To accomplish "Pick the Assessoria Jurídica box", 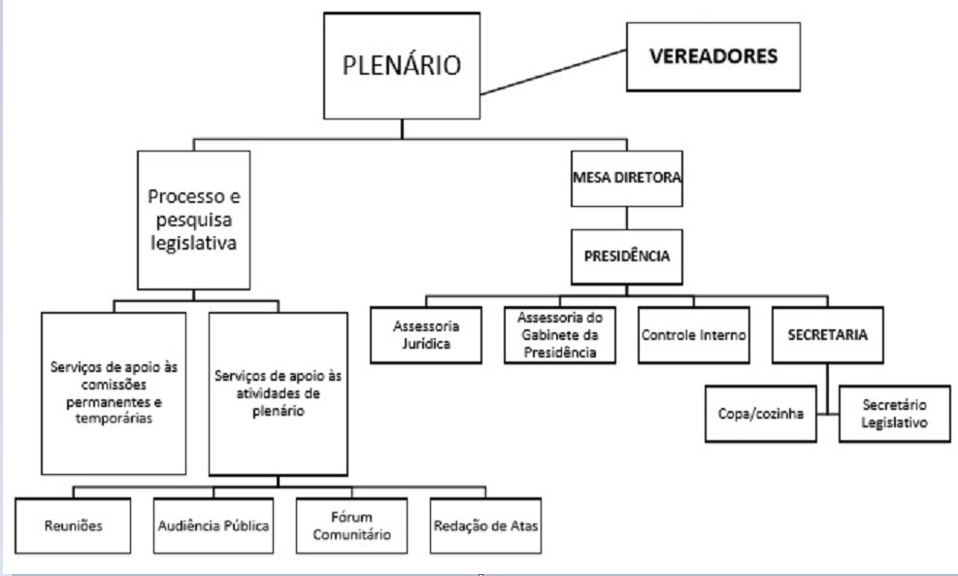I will pos(427,335).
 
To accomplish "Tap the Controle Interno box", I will pos(693,335).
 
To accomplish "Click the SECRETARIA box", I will pos(827,335).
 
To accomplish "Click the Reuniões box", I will pos(74,525).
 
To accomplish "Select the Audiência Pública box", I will pos(214,525).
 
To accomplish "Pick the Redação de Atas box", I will pos(484,525).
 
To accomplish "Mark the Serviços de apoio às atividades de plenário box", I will pos(278,392).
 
